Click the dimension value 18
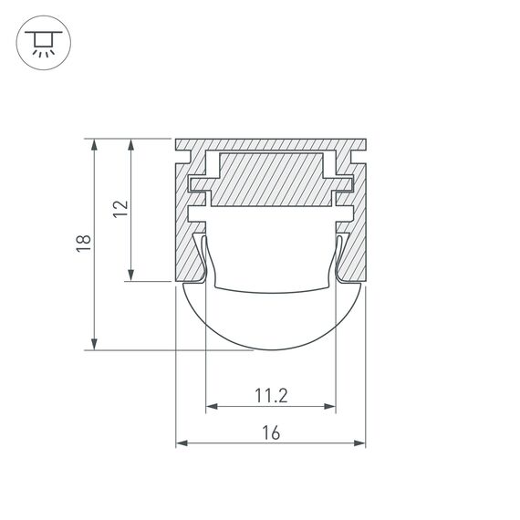point(83,243)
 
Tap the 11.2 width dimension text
point(271,395)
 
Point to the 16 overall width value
point(270,434)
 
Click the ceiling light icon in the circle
point(42,41)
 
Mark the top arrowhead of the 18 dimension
point(93,144)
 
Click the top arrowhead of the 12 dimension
point(132,144)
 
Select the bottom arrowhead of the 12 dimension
point(132,276)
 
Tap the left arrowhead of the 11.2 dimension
point(211,405)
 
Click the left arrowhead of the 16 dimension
point(181,444)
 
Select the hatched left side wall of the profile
point(186,246)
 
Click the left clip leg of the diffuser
point(204,260)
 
